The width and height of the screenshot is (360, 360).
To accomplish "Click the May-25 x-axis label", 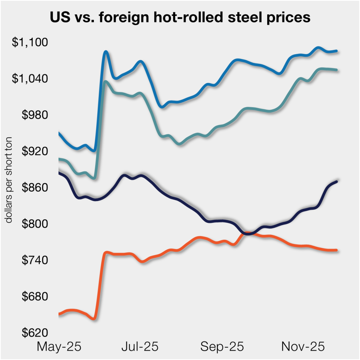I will pyautogui.click(x=59, y=347).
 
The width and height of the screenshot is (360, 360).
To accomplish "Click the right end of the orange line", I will pyautogui.click(x=336, y=250).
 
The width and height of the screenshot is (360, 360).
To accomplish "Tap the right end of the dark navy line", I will pyautogui.click(x=336, y=181).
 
